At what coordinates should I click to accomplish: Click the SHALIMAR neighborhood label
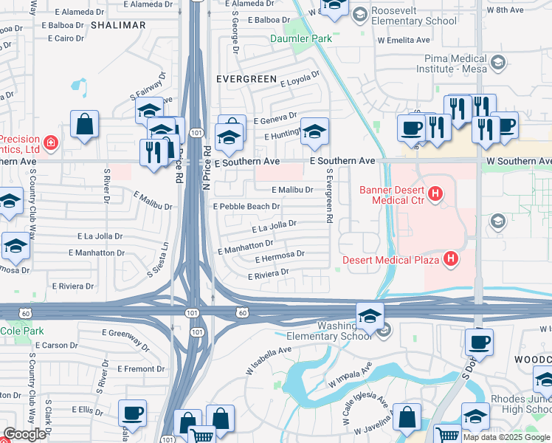[118, 25]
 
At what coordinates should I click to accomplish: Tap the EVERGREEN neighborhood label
[246, 78]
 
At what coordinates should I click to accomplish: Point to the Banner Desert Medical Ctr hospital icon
[435, 195]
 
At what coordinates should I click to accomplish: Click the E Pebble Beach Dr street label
[246, 207]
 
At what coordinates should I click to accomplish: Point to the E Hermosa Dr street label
[280, 257]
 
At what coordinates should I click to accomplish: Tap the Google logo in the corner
[24, 434]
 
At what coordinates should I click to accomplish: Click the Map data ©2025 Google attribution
[506, 437]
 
